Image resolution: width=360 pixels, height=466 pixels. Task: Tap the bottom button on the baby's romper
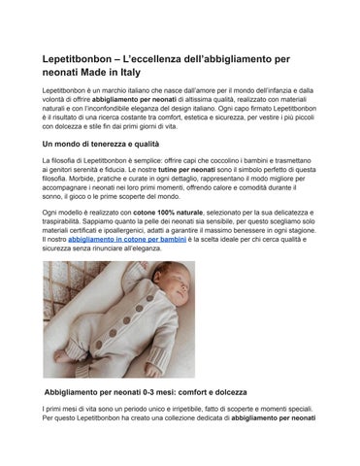pos(109,335)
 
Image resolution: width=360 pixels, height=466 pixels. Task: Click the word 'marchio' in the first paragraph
pos(111,89)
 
